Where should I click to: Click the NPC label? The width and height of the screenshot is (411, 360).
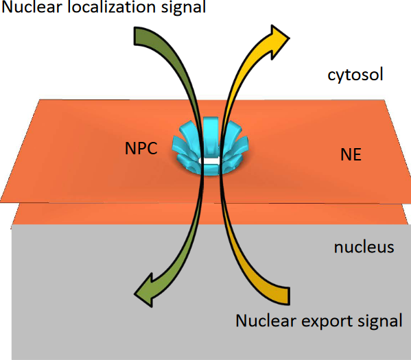point(139,149)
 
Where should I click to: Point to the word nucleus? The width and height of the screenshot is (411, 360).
point(364,246)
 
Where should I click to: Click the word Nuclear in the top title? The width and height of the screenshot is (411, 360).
point(36,9)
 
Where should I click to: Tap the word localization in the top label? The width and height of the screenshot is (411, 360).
point(114,9)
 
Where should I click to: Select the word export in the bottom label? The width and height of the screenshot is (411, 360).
point(321,321)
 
